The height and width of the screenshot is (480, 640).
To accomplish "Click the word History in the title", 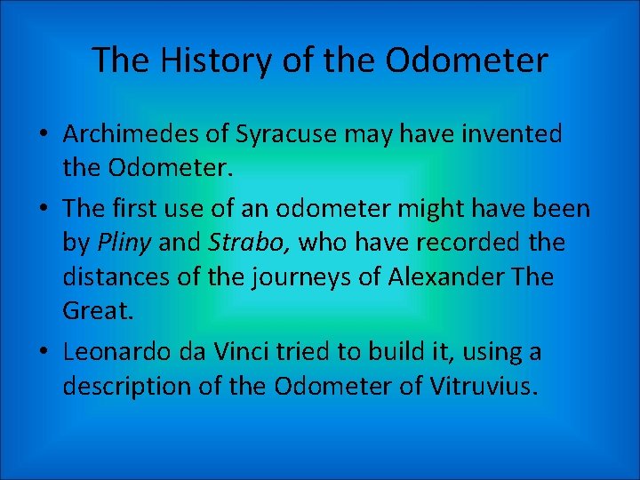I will coord(201,60).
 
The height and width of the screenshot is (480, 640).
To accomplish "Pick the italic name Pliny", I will coord(119,243).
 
